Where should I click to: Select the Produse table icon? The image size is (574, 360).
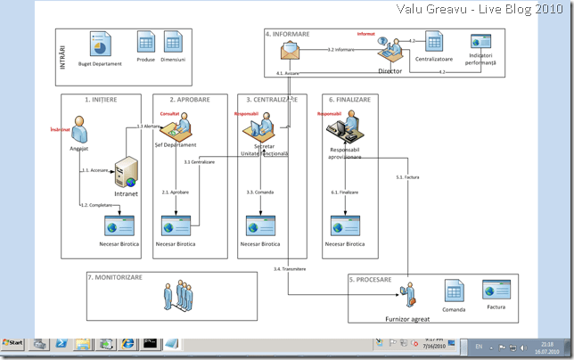click(x=145, y=40)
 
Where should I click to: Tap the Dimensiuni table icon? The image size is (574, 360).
click(x=173, y=40)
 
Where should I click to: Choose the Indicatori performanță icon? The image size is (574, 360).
click(x=481, y=41)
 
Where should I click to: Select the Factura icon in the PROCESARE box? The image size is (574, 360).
click(x=495, y=290)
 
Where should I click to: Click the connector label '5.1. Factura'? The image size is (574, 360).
click(x=406, y=177)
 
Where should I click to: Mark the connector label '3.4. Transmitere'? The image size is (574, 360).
click(x=290, y=268)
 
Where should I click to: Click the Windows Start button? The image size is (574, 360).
click(x=13, y=343)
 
